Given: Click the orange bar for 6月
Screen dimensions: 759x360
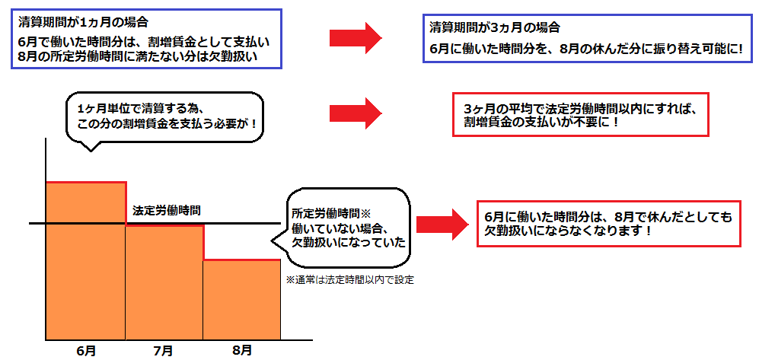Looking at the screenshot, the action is click(86, 261).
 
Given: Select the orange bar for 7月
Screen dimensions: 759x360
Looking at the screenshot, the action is click(164, 282).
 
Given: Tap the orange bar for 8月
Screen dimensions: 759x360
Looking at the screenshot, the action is click(241, 300).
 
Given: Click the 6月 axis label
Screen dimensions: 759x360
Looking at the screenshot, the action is click(86, 350).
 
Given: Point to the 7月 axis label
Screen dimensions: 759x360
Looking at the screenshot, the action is click(164, 350).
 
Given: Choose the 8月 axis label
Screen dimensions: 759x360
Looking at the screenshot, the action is click(241, 349).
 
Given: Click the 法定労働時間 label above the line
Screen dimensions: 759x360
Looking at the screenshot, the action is click(167, 212).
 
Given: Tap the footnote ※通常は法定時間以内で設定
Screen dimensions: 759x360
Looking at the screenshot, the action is click(350, 279).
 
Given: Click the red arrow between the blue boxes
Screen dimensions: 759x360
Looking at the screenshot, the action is click(356, 37).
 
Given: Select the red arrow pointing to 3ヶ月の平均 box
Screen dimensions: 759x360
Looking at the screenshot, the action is click(356, 113).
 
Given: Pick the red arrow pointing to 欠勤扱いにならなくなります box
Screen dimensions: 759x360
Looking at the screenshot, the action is click(442, 224).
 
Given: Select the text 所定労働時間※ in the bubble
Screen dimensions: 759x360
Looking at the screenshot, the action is click(330, 212).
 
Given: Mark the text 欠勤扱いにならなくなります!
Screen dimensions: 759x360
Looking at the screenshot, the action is click(568, 231).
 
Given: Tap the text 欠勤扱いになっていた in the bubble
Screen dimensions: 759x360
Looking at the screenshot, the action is click(348, 243).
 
